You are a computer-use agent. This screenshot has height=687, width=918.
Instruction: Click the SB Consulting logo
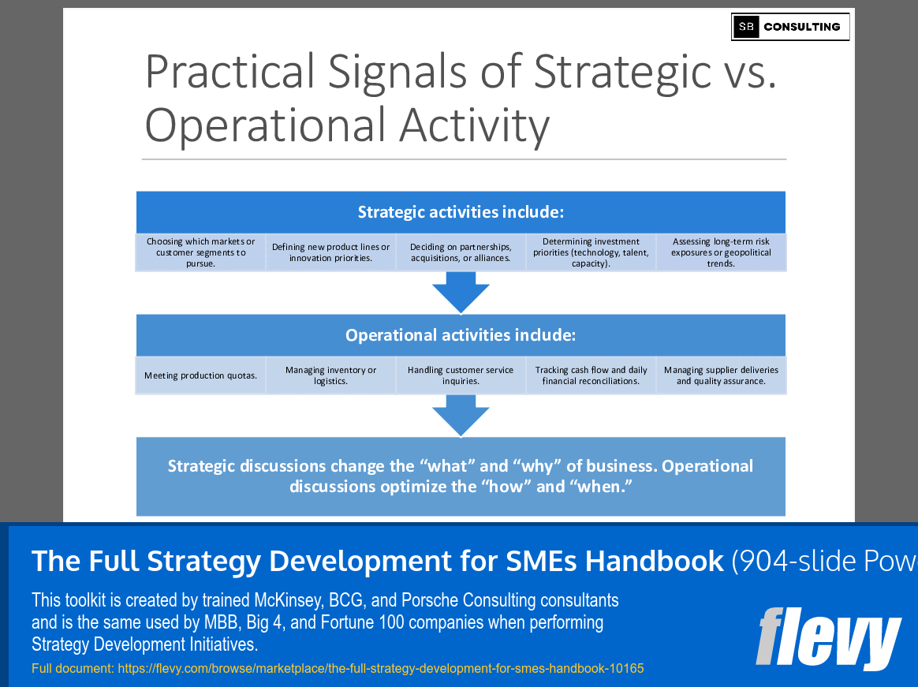point(790,27)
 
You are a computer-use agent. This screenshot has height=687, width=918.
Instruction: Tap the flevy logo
point(828,638)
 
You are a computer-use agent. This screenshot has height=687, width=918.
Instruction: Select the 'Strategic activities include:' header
point(461,212)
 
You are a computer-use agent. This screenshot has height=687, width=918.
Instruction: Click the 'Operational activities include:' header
point(461,335)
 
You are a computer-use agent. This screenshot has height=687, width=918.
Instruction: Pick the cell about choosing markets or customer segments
point(200,252)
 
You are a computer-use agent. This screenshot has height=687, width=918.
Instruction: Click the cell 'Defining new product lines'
point(330,252)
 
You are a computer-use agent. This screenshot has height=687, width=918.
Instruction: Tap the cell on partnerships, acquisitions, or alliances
point(461,252)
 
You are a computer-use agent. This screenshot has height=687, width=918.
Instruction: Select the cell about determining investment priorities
point(591,252)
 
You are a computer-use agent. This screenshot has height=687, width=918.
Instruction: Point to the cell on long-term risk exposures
point(721,252)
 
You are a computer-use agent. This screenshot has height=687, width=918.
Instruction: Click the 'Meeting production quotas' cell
point(200,375)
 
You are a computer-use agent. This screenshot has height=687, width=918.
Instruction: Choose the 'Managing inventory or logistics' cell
point(330,375)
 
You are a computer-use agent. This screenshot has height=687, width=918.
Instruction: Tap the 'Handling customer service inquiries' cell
point(461,375)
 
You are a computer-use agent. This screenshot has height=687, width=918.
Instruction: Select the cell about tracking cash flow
point(591,375)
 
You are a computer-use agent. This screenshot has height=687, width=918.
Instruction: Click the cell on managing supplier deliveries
point(721,375)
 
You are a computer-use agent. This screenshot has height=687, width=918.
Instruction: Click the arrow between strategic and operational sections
point(461,292)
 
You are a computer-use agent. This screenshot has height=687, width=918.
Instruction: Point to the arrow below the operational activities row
point(461,415)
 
